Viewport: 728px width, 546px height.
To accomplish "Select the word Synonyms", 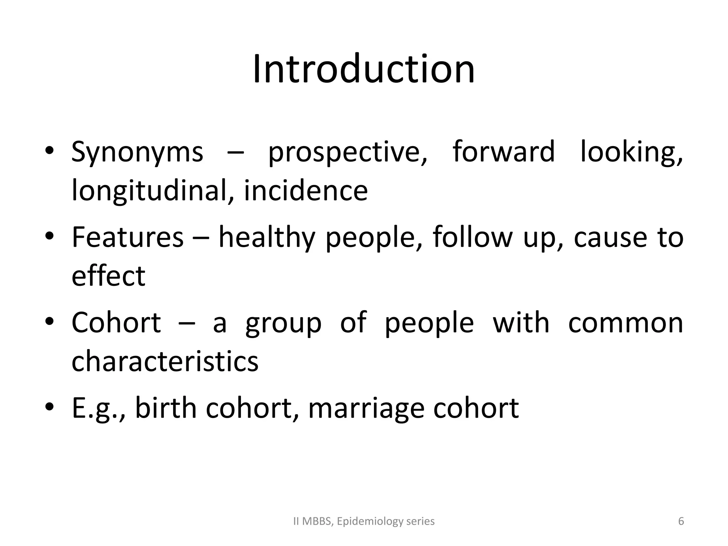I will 137,152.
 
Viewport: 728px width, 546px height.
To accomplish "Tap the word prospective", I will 348,152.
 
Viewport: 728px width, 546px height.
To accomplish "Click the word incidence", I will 306,191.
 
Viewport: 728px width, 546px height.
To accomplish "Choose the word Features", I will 128,237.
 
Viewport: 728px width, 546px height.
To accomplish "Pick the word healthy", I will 267,237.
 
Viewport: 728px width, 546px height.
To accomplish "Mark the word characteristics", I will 165,361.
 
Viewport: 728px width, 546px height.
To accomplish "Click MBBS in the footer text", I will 317,521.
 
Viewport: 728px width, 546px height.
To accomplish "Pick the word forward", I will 504,151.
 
